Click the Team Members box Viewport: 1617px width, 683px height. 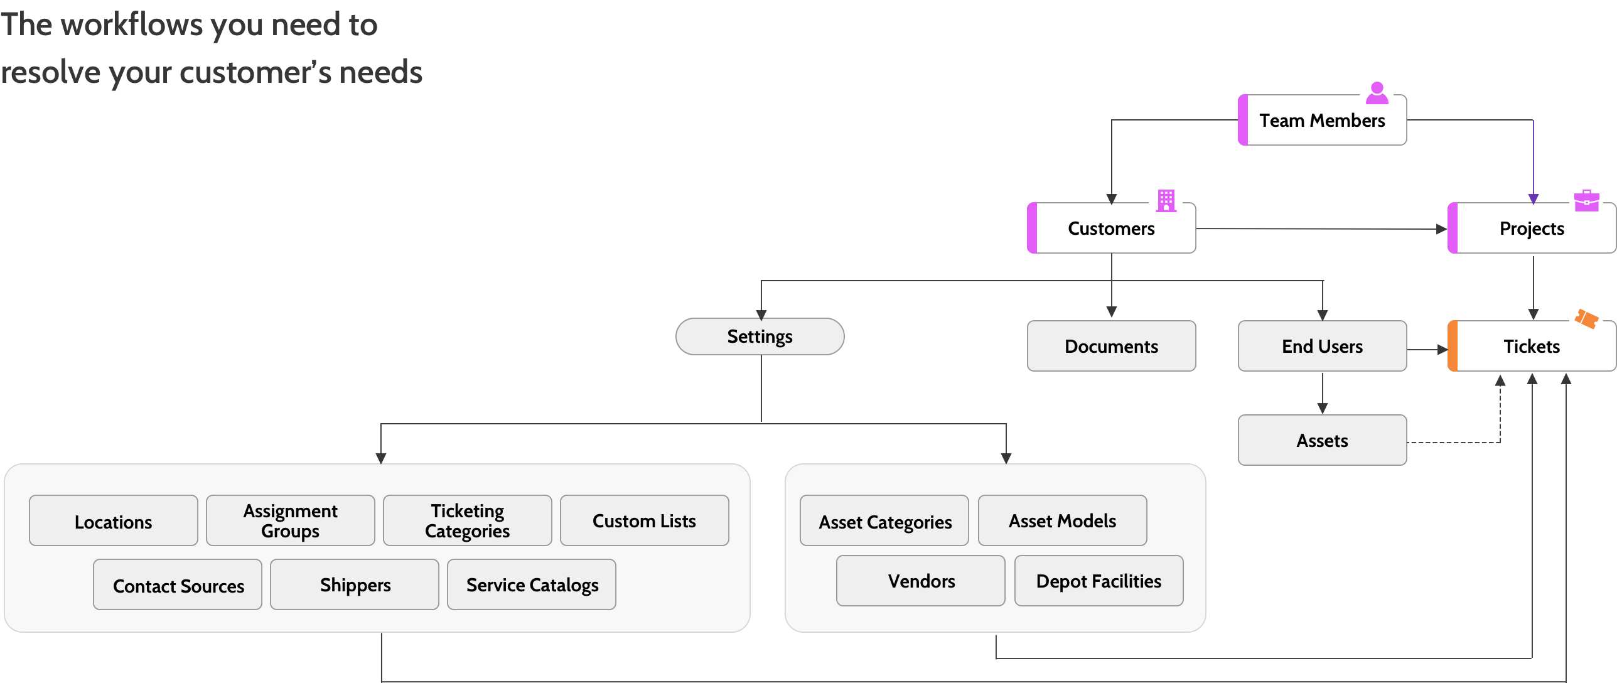point(1322,120)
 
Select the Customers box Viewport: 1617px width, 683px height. point(1111,228)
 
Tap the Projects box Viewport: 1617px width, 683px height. point(1532,228)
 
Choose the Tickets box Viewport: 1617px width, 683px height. point(1532,346)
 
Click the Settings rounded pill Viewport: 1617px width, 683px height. point(760,336)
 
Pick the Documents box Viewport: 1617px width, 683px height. point(1111,346)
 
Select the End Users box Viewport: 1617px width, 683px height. point(1322,346)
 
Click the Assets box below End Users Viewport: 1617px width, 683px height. point(1322,440)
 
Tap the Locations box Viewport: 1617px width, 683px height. point(113,520)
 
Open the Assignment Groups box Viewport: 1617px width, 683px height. point(290,520)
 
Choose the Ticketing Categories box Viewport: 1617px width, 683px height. point(467,520)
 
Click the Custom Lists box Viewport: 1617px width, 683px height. point(644,520)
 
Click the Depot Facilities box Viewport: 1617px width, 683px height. point(1099,581)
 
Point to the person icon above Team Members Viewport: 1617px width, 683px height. point(1377,93)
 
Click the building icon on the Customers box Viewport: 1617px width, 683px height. point(1166,201)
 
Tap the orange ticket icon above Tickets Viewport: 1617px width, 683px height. point(1586,319)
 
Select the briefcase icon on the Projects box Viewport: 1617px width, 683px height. point(1586,201)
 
